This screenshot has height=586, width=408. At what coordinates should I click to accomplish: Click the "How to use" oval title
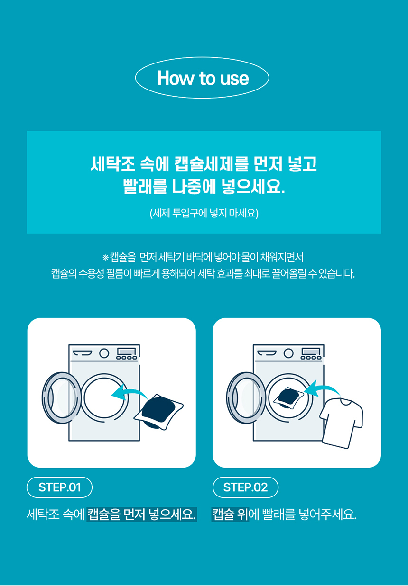click(203, 78)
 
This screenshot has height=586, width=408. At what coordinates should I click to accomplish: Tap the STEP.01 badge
click(59, 487)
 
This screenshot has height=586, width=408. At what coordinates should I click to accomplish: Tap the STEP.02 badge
click(245, 487)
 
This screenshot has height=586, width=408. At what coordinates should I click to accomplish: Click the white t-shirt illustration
click(341, 421)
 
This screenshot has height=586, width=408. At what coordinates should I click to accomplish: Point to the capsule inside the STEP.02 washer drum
click(288, 397)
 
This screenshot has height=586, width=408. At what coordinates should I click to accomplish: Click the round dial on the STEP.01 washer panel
click(104, 353)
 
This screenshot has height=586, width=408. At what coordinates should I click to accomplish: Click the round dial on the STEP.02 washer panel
click(288, 353)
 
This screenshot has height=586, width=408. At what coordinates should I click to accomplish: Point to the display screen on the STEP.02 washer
click(310, 351)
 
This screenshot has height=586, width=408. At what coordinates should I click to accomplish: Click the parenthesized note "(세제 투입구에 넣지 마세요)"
click(204, 213)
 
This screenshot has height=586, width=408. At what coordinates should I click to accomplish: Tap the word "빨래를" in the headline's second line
click(145, 186)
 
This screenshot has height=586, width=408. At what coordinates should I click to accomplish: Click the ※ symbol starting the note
click(105, 258)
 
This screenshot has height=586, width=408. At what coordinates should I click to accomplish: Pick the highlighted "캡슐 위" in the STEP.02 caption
click(230, 514)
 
